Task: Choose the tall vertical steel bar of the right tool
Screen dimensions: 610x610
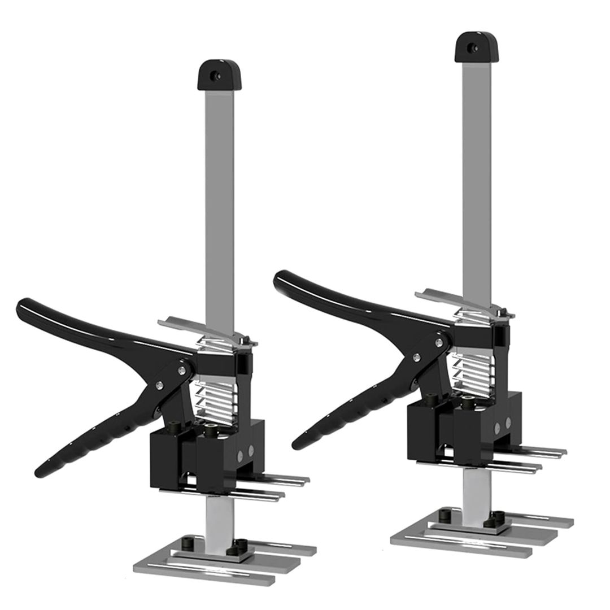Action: coord(476,169)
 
